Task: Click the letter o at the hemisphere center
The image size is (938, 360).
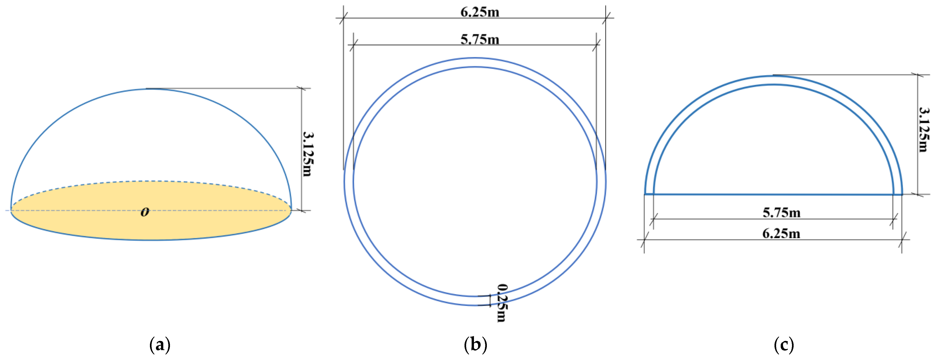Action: click(145, 212)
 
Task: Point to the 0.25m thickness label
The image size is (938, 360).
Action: click(502, 303)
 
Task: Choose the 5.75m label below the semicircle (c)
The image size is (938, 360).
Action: click(781, 213)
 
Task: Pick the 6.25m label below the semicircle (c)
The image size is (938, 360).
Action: click(781, 233)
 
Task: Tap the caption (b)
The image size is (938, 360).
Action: click(475, 344)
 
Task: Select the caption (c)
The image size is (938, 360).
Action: click(784, 344)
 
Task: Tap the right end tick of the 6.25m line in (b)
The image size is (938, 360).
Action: click(606, 18)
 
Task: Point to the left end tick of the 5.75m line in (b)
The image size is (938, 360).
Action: click(354, 45)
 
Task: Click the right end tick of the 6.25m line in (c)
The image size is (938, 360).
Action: click(902, 240)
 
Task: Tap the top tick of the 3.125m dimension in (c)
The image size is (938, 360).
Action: click(918, 75)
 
